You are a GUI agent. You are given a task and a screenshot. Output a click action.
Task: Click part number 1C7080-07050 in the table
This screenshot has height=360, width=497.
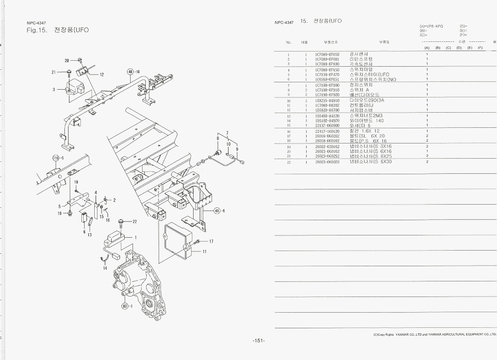327,54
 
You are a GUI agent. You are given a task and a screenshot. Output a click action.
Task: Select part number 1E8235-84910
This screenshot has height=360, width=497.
327,100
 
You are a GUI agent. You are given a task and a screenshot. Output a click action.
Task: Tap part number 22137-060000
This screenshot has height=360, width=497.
327,125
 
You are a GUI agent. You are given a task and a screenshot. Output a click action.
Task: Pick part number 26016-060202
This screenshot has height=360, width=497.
327,136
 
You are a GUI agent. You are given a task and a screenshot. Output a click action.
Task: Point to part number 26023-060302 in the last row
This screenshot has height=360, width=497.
327,162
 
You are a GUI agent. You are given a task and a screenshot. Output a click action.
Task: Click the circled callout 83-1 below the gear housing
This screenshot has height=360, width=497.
126,306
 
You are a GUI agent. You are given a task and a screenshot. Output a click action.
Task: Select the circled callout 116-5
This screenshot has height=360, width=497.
57,158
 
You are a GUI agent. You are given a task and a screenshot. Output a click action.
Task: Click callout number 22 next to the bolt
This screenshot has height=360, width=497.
135,222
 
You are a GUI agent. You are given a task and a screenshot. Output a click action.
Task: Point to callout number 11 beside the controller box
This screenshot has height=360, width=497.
205,251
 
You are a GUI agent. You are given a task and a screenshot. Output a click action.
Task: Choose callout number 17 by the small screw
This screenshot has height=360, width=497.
211,241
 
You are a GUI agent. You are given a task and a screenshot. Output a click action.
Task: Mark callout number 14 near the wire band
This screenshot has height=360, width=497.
105,268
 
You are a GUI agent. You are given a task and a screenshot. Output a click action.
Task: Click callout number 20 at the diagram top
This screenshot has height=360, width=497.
67,61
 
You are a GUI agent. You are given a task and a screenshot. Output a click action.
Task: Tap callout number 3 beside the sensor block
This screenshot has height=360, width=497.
54,89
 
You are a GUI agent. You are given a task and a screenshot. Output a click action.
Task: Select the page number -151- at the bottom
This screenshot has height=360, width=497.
258,341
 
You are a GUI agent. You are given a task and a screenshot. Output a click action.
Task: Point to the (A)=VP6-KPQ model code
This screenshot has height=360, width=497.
431,26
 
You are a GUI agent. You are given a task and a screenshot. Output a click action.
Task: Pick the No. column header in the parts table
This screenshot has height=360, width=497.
289,42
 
